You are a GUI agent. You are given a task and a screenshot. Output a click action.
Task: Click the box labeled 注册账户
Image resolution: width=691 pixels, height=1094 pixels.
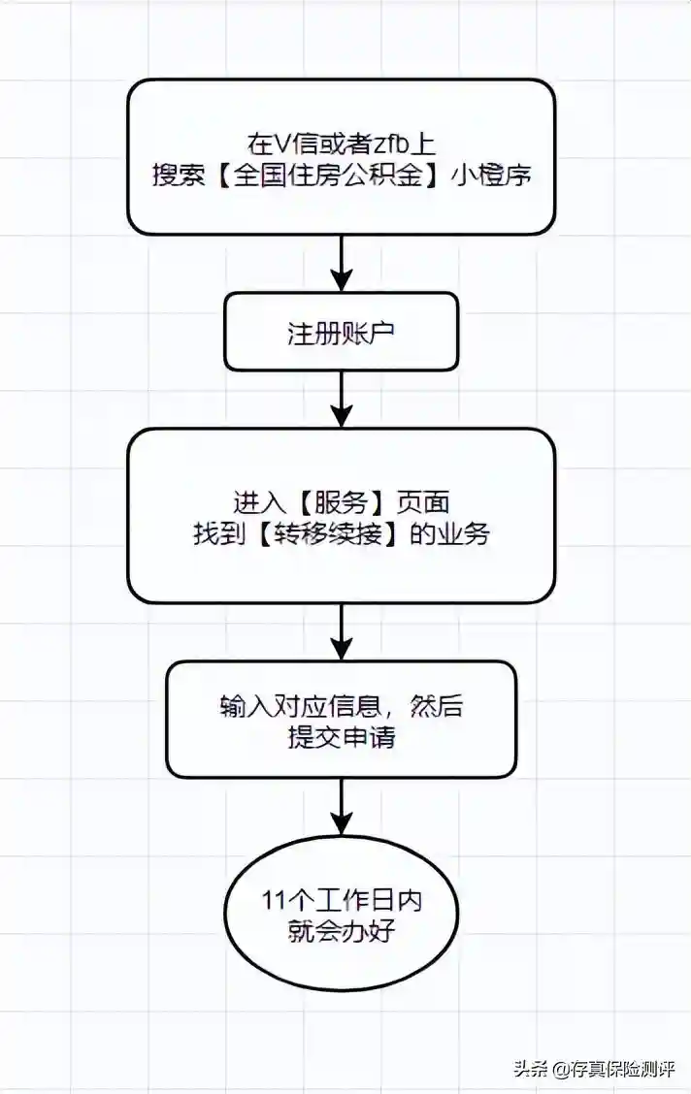point(341,332)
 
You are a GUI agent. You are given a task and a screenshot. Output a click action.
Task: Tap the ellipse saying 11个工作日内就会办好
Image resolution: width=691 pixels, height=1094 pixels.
point(341,915)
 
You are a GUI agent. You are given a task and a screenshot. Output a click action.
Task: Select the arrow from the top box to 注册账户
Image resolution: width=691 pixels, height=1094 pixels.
point(342,263)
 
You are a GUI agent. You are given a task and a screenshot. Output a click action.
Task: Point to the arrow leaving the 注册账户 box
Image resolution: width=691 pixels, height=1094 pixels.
point(342,399)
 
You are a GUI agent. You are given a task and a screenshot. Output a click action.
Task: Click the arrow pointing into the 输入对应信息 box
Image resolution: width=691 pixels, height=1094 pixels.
point(342,631)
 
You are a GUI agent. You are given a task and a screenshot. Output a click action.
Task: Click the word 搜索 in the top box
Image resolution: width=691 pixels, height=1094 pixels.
point(176,175)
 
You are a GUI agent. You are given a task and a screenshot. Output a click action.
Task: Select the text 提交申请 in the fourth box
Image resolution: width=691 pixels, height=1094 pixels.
point(341,737)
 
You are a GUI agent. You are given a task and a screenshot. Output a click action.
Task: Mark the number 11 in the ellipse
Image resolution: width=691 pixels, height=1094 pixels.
point(273,899)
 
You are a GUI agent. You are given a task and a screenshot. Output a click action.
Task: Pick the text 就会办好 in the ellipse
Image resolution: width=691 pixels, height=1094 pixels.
point(341,930)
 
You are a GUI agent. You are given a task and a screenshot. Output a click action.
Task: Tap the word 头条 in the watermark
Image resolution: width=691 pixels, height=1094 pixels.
point(530,1069)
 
